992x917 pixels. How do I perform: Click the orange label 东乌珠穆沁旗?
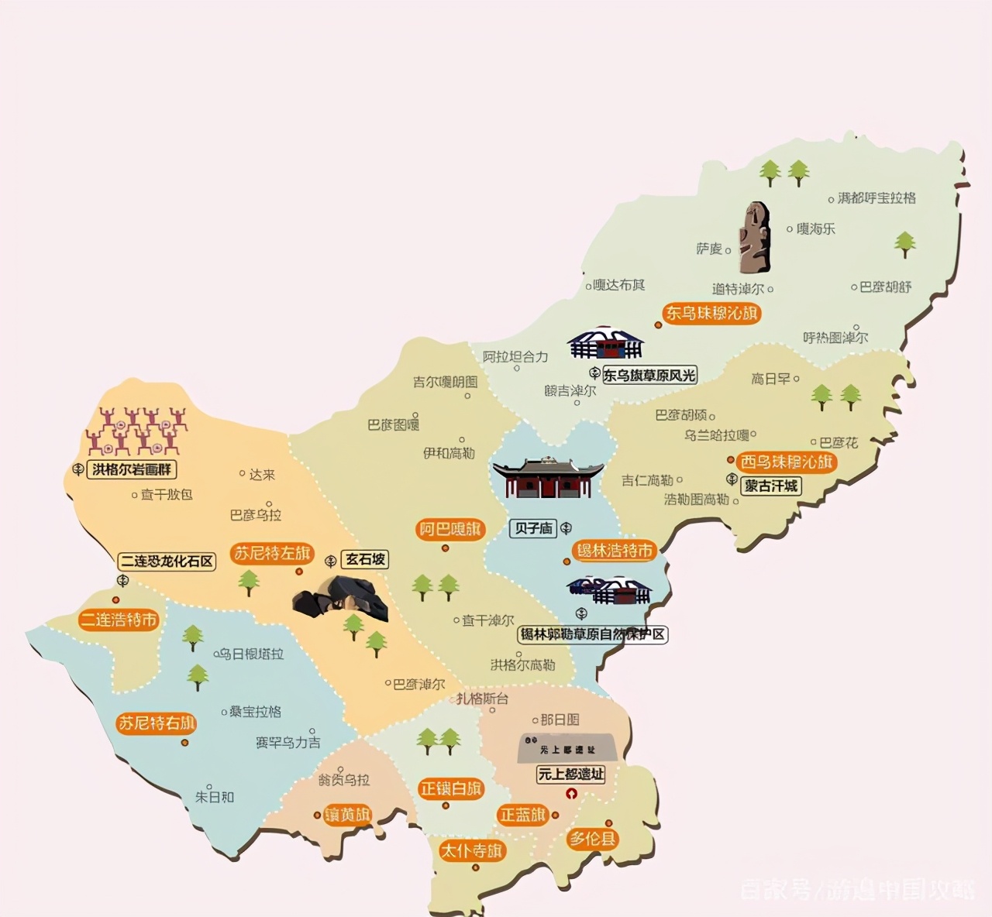[x=711, y=314]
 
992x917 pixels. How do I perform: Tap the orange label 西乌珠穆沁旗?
[x=787, y=462]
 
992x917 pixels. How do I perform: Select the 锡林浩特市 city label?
[x=615, y=551]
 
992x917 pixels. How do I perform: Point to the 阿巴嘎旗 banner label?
[x=449, y=530]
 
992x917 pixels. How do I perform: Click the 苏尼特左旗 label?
[x=271, y=553]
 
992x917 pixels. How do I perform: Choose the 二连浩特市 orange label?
[x=119, y=620]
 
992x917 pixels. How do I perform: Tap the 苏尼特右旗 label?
[x=155, y=723]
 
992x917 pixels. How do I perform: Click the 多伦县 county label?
[x=593, y=838]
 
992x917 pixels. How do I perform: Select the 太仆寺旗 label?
[x=471, y=850]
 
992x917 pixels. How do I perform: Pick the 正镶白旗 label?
[x=450, y=788]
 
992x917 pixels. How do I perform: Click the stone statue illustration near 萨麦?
[x=754, y=238]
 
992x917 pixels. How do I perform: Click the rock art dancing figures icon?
[x=137, y=430]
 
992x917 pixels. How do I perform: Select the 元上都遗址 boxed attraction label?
[x=571, y=774]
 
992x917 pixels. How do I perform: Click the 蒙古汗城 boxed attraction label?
[x=771, y=486]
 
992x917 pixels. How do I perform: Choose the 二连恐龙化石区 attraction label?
[x=166, y=561]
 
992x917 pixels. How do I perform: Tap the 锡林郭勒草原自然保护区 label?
[x=593, y=634]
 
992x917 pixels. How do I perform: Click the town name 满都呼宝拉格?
[x=877, y=198]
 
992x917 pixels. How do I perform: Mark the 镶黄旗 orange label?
[x=348, y=815]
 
